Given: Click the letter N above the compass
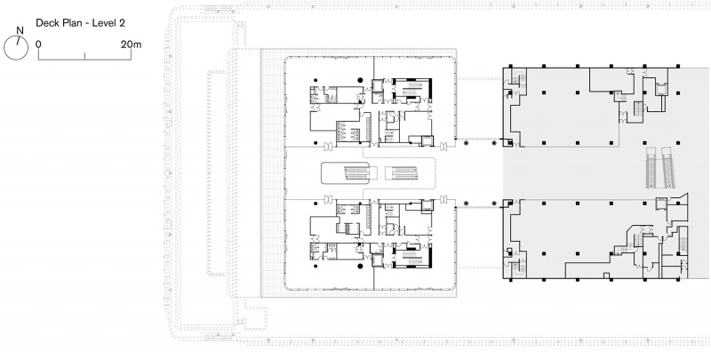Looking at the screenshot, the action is tap(20, 31).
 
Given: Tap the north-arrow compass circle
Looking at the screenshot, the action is tap(16, 48).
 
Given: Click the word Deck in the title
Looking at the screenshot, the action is tap(46, 23).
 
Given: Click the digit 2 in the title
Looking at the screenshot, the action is tap(122, 23).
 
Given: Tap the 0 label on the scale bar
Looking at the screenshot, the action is tap(38, 44).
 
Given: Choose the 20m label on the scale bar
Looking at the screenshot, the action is tap(131, 44).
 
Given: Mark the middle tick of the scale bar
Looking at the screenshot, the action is tap(84, 56).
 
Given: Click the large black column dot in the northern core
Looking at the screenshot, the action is tap(360, 80).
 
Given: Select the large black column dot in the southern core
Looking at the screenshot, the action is tap(360, 266).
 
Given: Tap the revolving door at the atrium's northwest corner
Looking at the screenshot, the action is tap(328, 147).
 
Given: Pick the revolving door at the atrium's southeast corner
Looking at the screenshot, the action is tap(443, 199).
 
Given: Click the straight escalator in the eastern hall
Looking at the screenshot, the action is tap(651, 167).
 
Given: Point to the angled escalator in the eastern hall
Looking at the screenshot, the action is tap(668, 167).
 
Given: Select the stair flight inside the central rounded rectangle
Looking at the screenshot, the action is tap(357, 172).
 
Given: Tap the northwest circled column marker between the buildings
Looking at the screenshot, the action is tap(466, 143).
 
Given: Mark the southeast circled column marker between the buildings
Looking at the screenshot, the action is tap(494, 204).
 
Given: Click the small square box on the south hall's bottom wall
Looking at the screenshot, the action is tap(606, 276).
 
